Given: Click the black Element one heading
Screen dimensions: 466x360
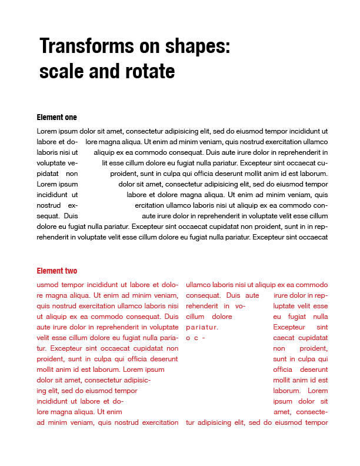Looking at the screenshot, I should (x=56, y=118).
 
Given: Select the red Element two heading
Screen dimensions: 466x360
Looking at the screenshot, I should (x=56, y=271).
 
